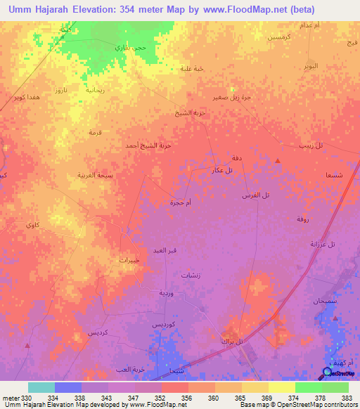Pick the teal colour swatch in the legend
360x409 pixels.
(41, 387)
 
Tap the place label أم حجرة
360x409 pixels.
(181, 202)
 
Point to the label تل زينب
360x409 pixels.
(309, 145)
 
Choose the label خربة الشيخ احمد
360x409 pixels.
(148, 145)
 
